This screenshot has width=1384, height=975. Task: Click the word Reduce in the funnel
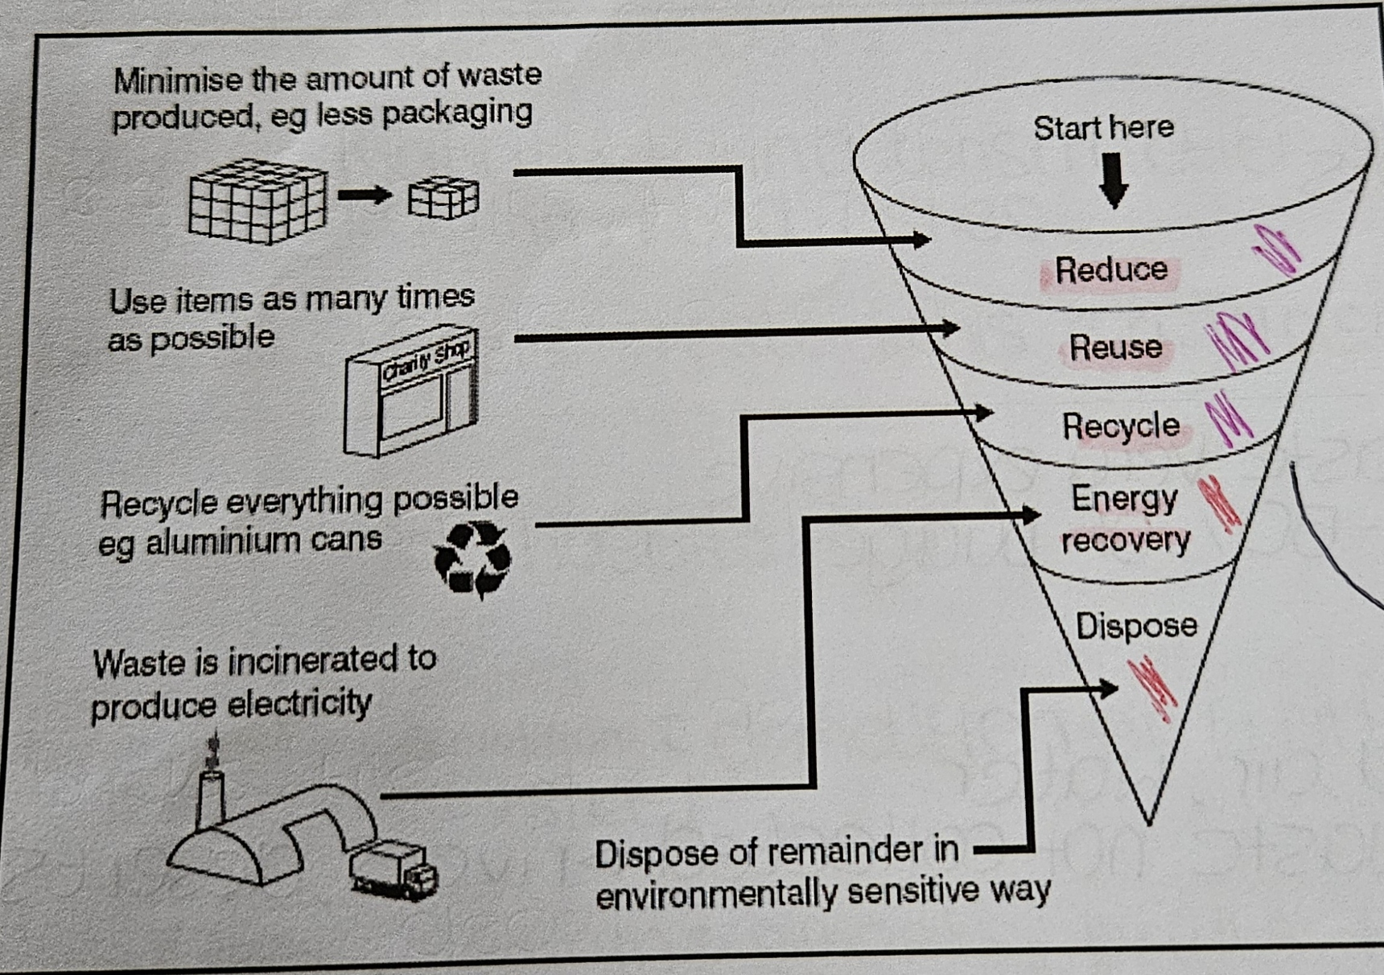[1111, 270]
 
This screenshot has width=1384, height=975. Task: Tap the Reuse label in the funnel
[1115, 348]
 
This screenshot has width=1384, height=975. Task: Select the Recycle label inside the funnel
[1121, 426]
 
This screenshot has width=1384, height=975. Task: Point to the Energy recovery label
[1124, 520]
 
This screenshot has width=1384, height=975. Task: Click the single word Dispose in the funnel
[1136, 626]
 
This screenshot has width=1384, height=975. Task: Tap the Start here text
[1103, 128]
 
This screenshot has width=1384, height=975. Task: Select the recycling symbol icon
[472, 560]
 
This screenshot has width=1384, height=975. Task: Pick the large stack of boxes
[257, 200]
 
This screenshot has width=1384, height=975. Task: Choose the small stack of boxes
[443, 198]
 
